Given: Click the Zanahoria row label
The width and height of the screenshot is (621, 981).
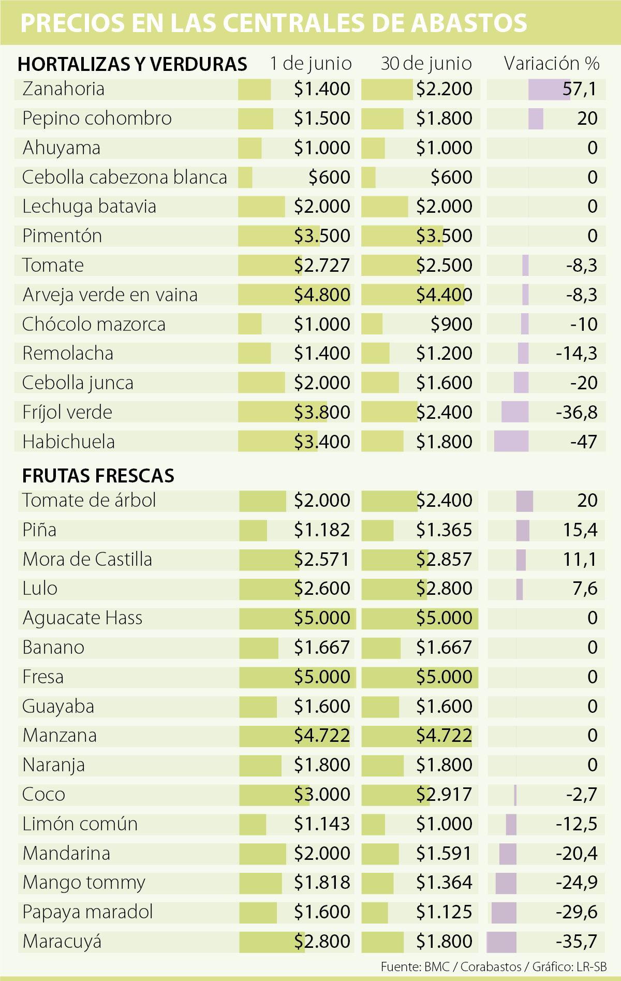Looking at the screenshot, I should tap(63, 89).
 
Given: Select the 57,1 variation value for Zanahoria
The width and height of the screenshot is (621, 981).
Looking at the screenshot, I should tap(580, 89).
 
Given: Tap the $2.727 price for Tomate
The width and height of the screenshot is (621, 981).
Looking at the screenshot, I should tap(322, 266).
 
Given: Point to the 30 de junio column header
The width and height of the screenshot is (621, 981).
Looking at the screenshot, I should tap(426, 64).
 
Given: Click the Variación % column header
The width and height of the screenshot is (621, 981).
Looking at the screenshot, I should tap(552, 64).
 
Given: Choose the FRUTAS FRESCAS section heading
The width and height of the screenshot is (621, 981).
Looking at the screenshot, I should tap(98, 476).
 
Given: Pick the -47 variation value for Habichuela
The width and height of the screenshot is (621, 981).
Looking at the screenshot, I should tap(584, 442).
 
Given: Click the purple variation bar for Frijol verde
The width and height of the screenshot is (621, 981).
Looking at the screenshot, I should tap(515, 413).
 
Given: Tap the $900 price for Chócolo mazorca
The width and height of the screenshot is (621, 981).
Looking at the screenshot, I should tap(451, 325).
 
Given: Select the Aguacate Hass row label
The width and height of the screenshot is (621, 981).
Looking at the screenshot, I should tap(82, 618).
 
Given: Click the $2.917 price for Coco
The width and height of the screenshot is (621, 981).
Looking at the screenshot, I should tap(444, 795).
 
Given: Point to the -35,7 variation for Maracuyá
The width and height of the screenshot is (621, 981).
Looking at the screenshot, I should tap(576, 942).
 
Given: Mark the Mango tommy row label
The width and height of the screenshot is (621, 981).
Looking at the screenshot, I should tap(84, 883).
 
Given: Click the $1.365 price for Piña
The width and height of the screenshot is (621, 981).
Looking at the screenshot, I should tap(444, 530).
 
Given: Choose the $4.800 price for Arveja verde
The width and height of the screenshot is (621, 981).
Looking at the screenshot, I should tap(322, 295).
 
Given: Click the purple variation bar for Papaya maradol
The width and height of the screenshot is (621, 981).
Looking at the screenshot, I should tap(504, 912).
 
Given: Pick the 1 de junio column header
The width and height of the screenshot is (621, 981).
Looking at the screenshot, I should tap(310, 64).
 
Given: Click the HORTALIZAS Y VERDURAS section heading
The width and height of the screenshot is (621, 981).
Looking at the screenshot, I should tap(132, 64).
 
